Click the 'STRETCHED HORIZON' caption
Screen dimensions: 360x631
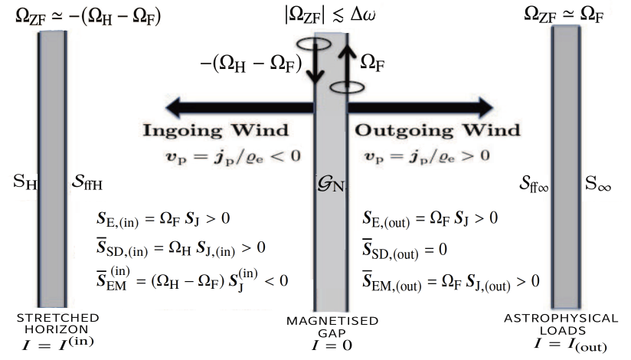[51, 323]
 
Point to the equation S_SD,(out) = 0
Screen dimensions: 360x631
[406, 250]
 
